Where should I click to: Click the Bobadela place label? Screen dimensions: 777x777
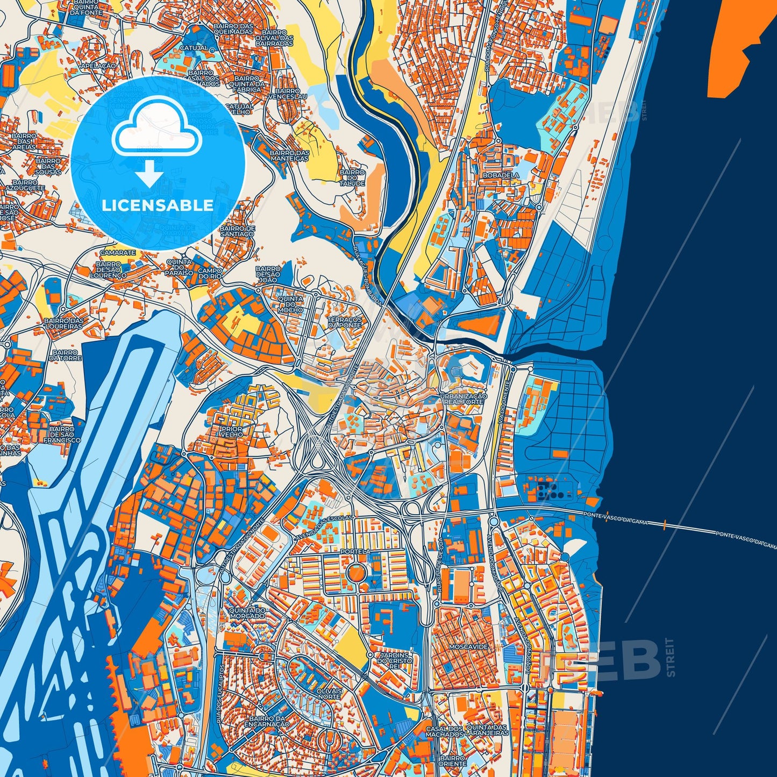coord(501,175)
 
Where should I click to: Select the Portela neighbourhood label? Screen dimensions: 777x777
coord(355,552)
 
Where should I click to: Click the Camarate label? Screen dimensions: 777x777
coord(118,252)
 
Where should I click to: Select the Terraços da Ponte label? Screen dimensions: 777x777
coord(345,322)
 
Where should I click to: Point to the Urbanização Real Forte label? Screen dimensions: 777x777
coord(463,399)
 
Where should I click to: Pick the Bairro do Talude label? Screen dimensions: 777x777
coord(352,178)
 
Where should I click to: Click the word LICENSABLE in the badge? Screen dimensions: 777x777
coord(158,205)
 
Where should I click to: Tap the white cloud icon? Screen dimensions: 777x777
coord(156,128)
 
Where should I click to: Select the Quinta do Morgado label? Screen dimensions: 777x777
coord(247,613)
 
